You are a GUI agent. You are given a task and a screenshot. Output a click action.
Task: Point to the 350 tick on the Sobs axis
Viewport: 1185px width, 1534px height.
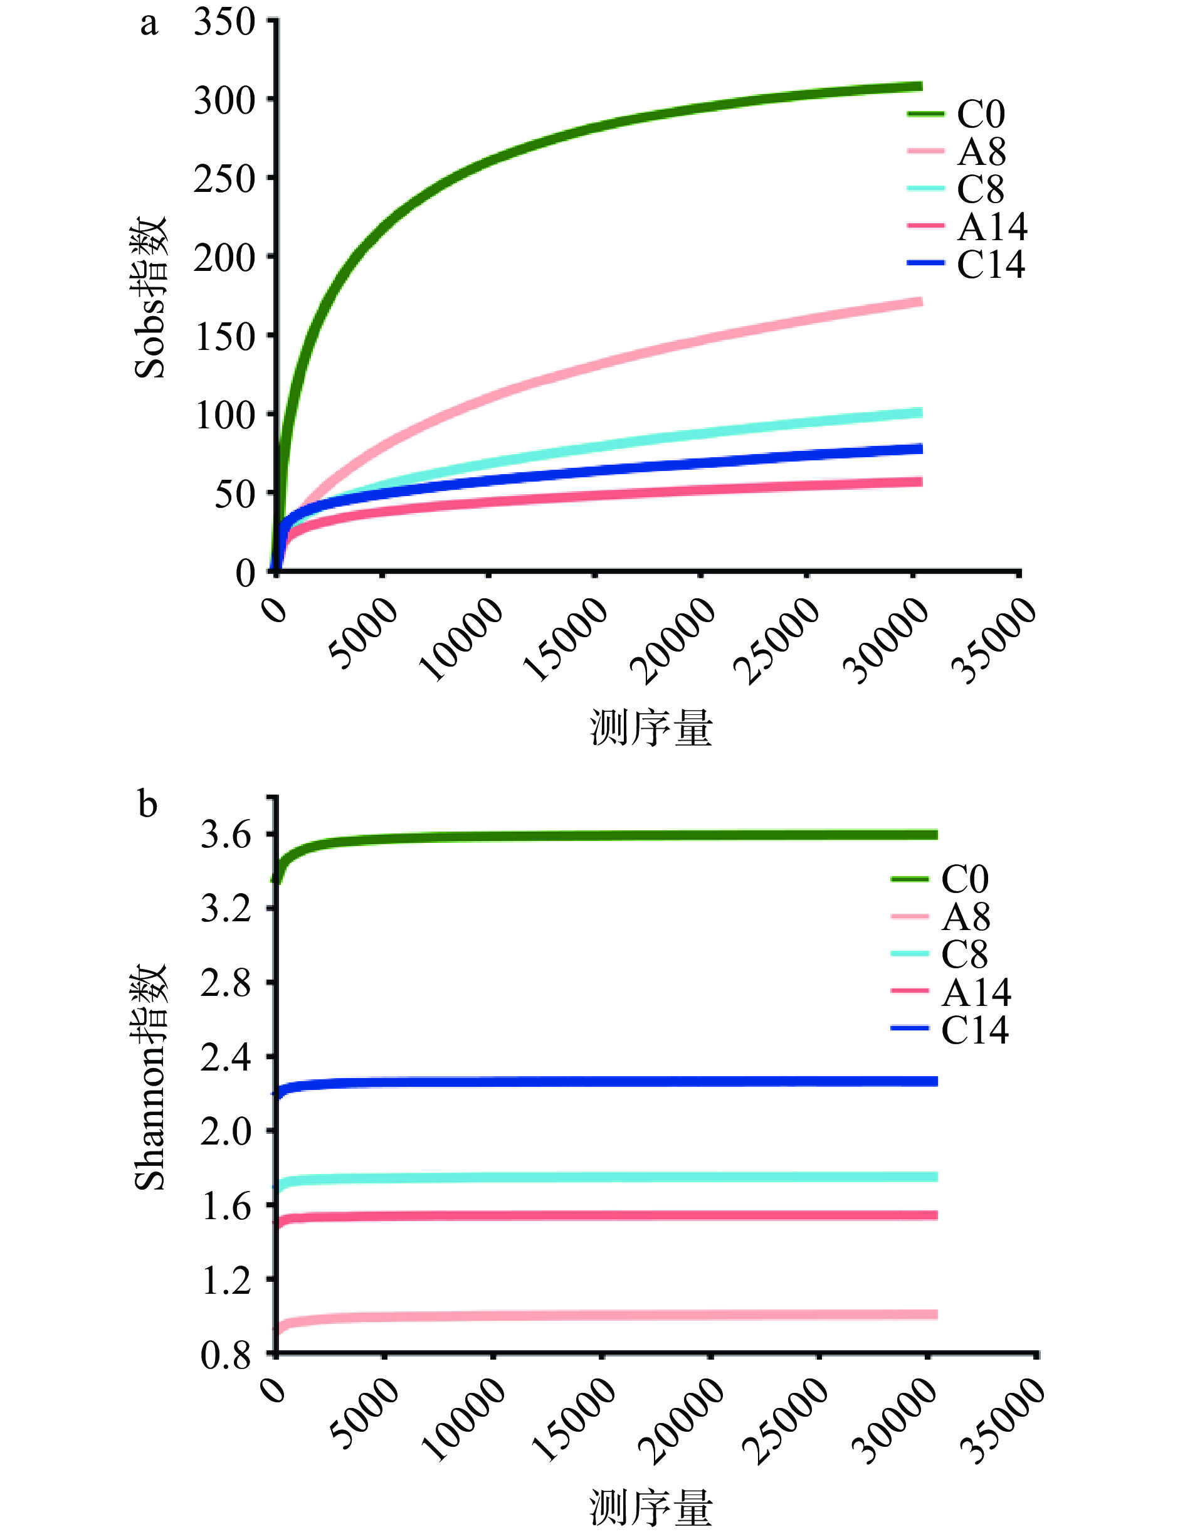224,23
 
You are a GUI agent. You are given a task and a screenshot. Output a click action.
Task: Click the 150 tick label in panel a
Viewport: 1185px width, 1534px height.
224,337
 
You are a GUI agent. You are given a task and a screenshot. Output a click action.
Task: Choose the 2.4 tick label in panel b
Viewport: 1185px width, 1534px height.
225,1056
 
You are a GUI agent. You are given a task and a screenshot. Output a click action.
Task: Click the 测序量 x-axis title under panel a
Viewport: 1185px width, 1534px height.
651,727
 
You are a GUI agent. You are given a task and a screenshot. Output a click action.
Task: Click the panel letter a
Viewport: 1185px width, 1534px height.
149,24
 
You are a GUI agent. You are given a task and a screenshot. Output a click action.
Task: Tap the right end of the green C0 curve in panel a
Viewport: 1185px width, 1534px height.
920,87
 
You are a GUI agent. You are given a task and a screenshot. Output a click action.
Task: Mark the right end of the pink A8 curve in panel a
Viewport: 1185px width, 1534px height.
920,302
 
